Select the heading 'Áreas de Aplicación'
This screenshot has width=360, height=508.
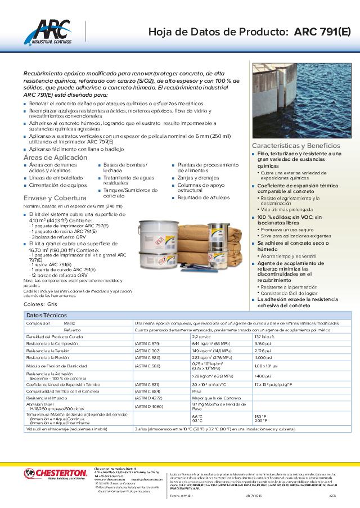click(x=55, y=158)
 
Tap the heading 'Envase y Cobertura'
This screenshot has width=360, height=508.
click(x=55, y=198)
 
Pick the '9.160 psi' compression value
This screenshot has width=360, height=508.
click(x=263, y=343)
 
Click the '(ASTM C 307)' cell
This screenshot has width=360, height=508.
click(x=147, y=350)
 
